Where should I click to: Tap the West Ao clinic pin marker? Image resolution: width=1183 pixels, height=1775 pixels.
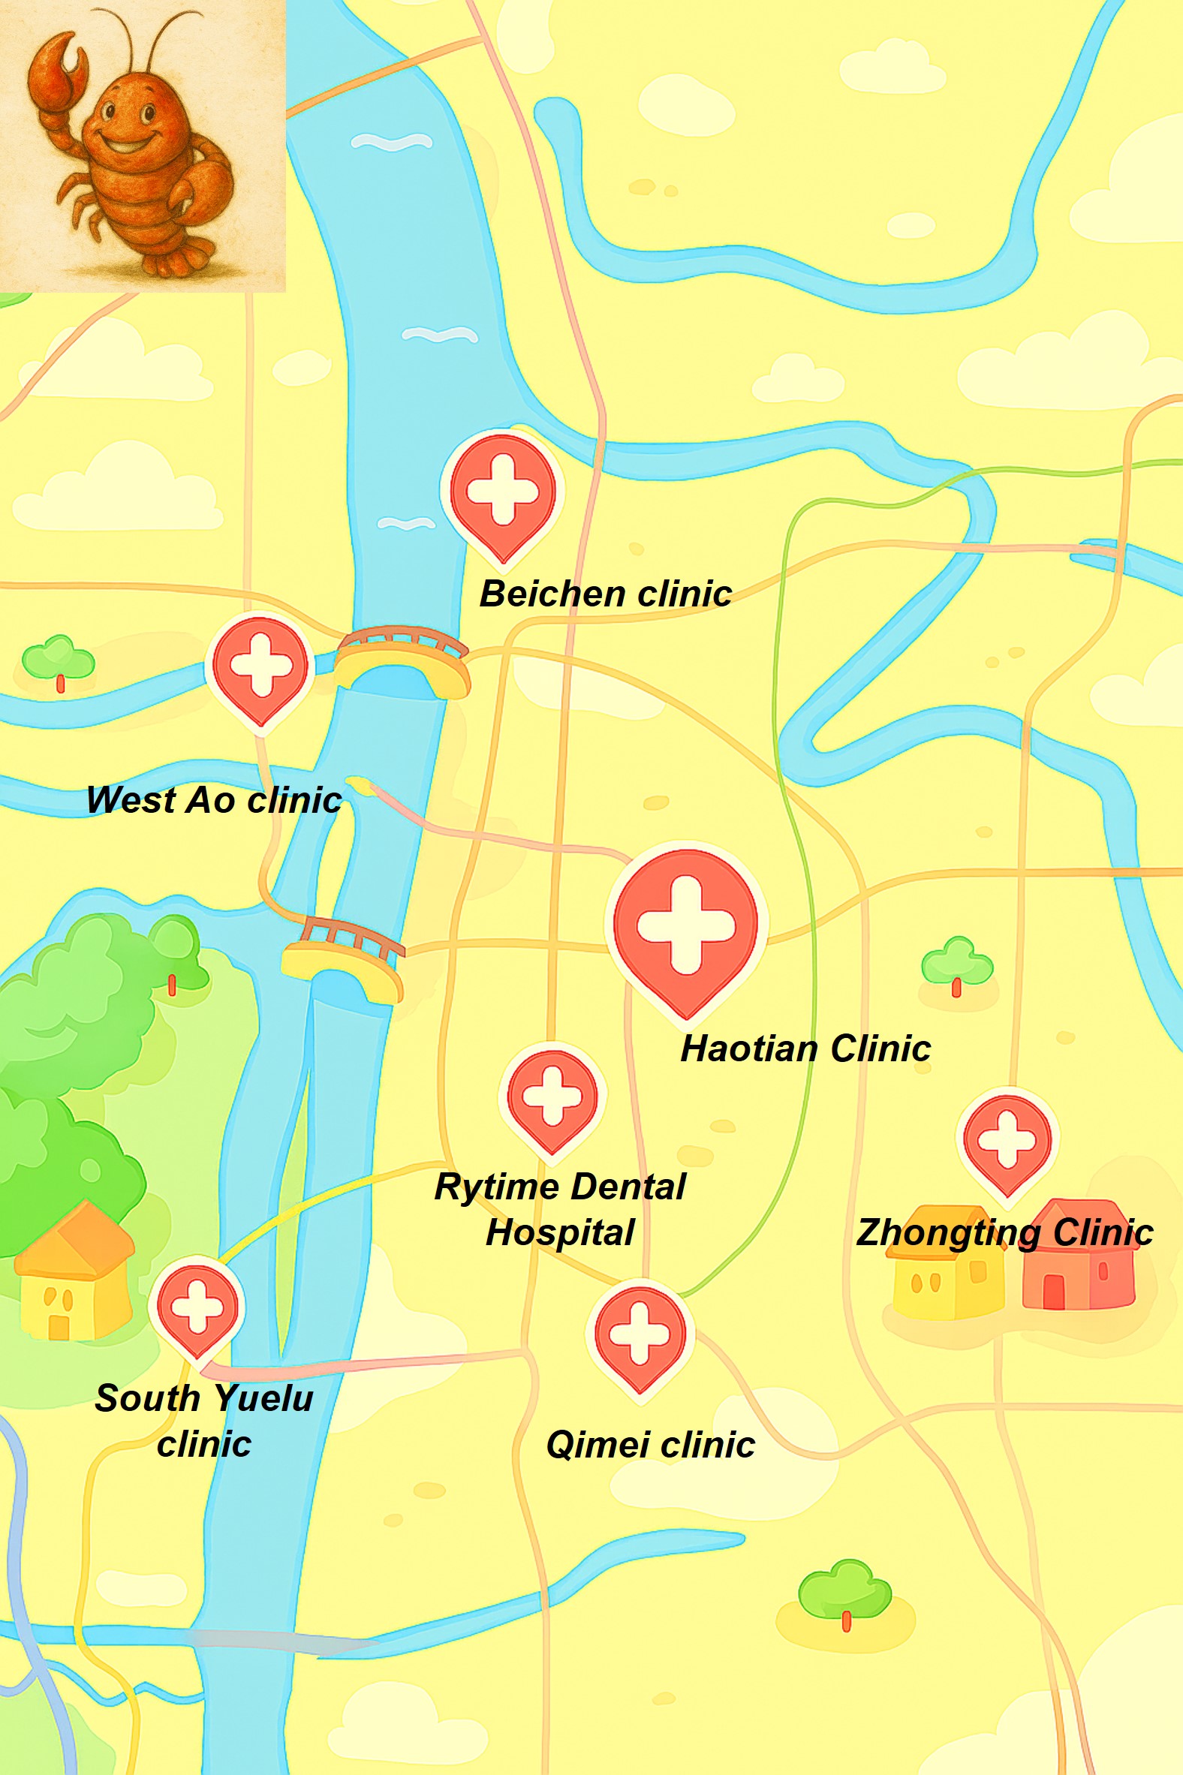pyautogui.click(x=260, y=667)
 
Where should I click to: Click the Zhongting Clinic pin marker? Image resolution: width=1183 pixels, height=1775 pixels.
pyautogui.click(x=1007, y=1140)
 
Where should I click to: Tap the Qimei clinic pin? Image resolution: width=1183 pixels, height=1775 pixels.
pyautogui.click(x=640, y=1334)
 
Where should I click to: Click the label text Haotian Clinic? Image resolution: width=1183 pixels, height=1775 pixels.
pyautogui.click(x=805, y=1049)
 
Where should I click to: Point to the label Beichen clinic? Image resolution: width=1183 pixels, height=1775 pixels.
pyautogui.click(x=605, y=594)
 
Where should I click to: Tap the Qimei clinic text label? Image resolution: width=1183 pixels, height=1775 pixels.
pyautogui.click(x=649, y=1446)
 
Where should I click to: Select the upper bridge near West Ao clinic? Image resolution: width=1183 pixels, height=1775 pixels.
pyautogui.click(x=403, y=659)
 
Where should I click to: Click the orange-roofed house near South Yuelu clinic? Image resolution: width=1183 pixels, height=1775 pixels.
pyautogui.click(x=73, y=1275)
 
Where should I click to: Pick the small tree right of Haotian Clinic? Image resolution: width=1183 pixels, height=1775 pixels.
pyautogui.click(x=956, y=965)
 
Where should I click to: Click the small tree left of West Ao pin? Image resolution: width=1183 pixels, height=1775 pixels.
pyautogui.click(x=58, y=660)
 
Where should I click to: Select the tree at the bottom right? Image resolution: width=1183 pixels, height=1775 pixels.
pyautogui.click(x=845, y=1592)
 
